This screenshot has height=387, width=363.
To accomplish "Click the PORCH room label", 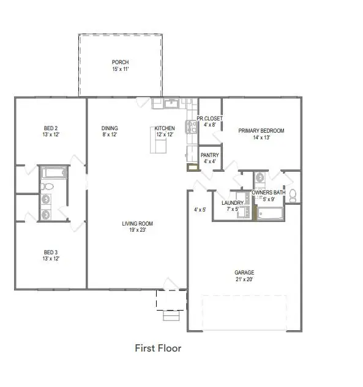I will (120, 62).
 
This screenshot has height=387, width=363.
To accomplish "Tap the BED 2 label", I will (50, 128).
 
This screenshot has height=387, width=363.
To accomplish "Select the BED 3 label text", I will (50, 252).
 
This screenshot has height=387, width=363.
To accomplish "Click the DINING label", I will (110, 128).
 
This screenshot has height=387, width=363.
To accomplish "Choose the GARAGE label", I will (244, 273).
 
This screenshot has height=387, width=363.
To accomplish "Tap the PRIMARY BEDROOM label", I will (261, 130).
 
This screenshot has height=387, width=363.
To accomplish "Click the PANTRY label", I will (209, 155).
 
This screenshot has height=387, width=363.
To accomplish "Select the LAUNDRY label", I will (232, 202).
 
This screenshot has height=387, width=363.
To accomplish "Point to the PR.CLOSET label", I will (209, 118).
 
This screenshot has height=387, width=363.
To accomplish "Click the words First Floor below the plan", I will (158, 348).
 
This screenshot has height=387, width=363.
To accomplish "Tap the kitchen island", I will (160, 145).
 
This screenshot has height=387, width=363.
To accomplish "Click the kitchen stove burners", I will (189, 127).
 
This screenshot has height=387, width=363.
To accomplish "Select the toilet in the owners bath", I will (293, 196).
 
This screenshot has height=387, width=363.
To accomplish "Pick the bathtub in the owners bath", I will (270, 213).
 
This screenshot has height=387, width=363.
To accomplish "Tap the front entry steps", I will (171, 316).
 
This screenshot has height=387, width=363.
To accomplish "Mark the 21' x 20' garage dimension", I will (244, 279).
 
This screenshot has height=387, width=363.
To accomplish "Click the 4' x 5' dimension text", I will (200, 210).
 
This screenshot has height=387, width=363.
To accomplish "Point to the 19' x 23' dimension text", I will (137, 230).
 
